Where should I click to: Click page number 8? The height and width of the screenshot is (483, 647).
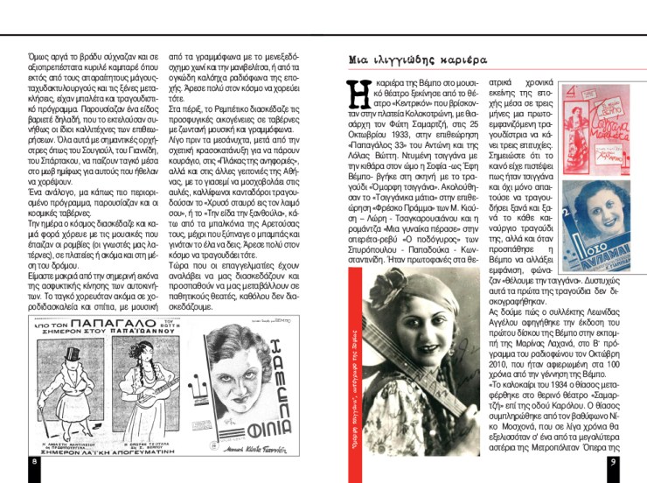point(33,461)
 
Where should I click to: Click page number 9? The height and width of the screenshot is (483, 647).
point(614,461)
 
